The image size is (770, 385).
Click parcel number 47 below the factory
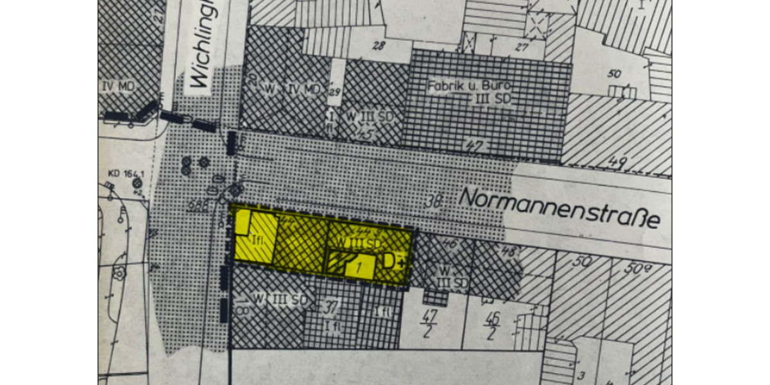[475, 147]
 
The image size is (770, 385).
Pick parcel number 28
[379, 46]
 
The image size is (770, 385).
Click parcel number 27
[521, 46]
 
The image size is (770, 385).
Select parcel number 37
[332, 305]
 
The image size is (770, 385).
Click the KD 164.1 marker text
[125, 173]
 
